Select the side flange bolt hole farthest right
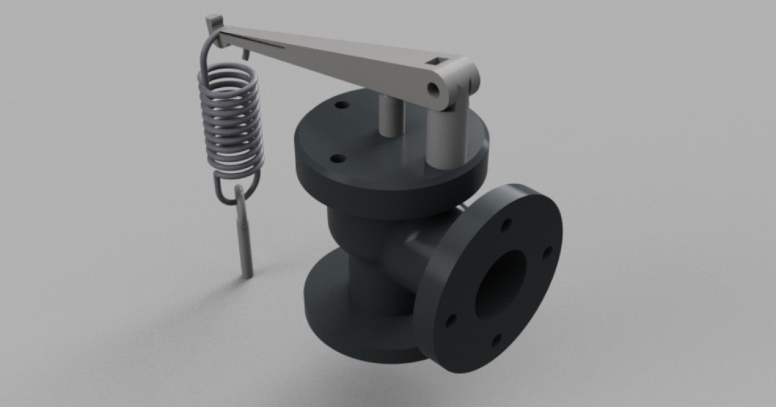[546, 251]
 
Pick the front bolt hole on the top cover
[336, 158]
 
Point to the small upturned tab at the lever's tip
[209, 23]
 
